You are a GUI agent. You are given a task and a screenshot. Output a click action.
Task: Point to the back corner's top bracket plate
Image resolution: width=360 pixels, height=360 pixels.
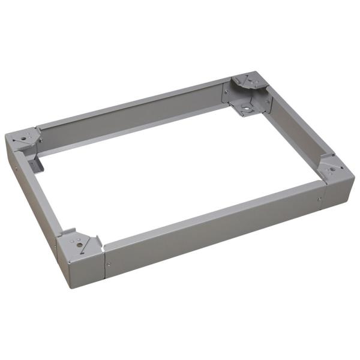(250, 85)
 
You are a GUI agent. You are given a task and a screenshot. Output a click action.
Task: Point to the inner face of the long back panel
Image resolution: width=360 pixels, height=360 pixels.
(132, 123)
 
